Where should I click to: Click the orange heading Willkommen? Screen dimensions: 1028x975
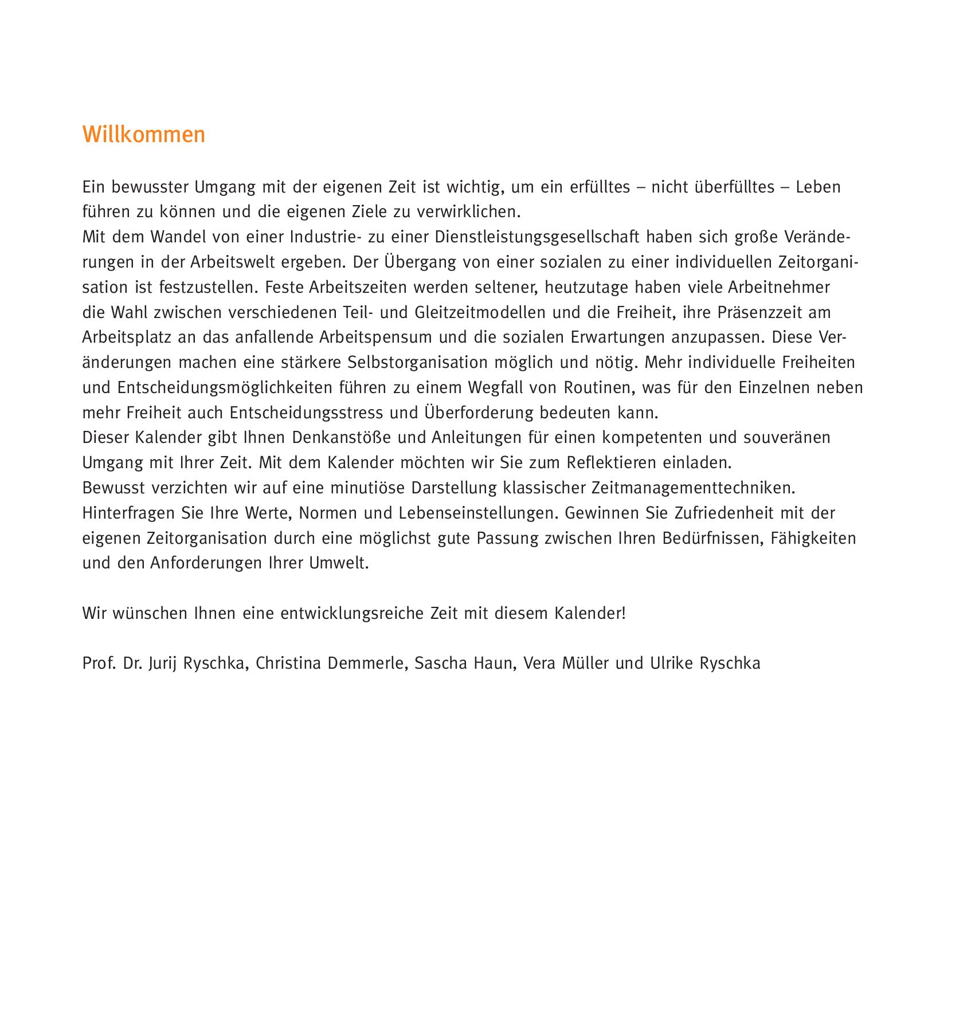point(143,135)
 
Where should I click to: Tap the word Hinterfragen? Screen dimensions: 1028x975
point(129,513)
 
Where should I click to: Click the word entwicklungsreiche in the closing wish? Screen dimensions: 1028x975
point(352,614)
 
